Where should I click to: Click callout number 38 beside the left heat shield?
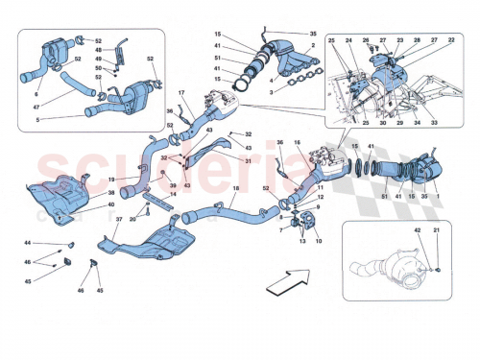click(x=111, y=194)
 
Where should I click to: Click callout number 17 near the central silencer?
click(x=179, y=92)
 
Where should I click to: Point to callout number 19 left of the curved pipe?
click(x=112, y=180)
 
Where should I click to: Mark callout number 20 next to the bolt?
click(x=133, y=220)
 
